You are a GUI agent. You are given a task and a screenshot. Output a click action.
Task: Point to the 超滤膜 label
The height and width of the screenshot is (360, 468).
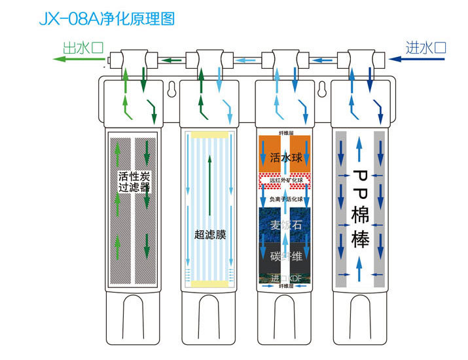coord(209,234)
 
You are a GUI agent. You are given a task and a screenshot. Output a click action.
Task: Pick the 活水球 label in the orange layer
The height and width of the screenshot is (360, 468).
coord(285,158)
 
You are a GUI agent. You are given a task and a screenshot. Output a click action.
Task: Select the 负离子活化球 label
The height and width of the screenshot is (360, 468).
coord(285,199)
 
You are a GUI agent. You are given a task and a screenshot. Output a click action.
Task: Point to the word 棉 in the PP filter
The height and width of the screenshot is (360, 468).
coord(361,214)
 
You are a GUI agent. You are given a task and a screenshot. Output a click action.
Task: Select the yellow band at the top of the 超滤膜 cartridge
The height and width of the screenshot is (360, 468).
coord(209,134)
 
